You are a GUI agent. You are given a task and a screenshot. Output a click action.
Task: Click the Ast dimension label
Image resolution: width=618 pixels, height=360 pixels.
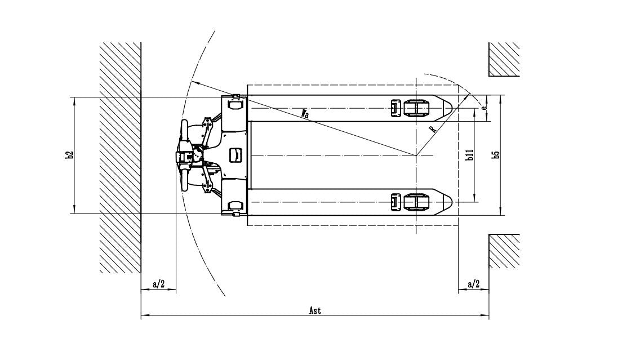point(315,311)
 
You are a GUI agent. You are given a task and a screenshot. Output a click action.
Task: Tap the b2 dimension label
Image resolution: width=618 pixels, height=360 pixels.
point(70,155)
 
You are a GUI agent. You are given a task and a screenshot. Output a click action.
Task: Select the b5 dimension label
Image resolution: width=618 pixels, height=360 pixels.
point(497,154)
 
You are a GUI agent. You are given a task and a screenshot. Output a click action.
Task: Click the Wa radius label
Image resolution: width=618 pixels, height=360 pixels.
point(305,114)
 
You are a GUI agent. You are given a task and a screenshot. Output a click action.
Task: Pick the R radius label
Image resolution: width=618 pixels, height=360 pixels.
point(433,129)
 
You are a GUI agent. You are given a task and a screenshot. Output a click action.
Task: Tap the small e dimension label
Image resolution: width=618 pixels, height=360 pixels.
point(483,107)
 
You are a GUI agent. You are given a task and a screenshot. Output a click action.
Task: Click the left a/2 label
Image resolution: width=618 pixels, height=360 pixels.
point(158,284)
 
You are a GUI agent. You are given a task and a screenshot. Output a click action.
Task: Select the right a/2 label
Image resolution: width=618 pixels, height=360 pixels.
point(473,284)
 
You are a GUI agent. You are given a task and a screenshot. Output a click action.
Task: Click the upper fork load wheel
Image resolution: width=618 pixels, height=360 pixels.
point(416,108)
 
